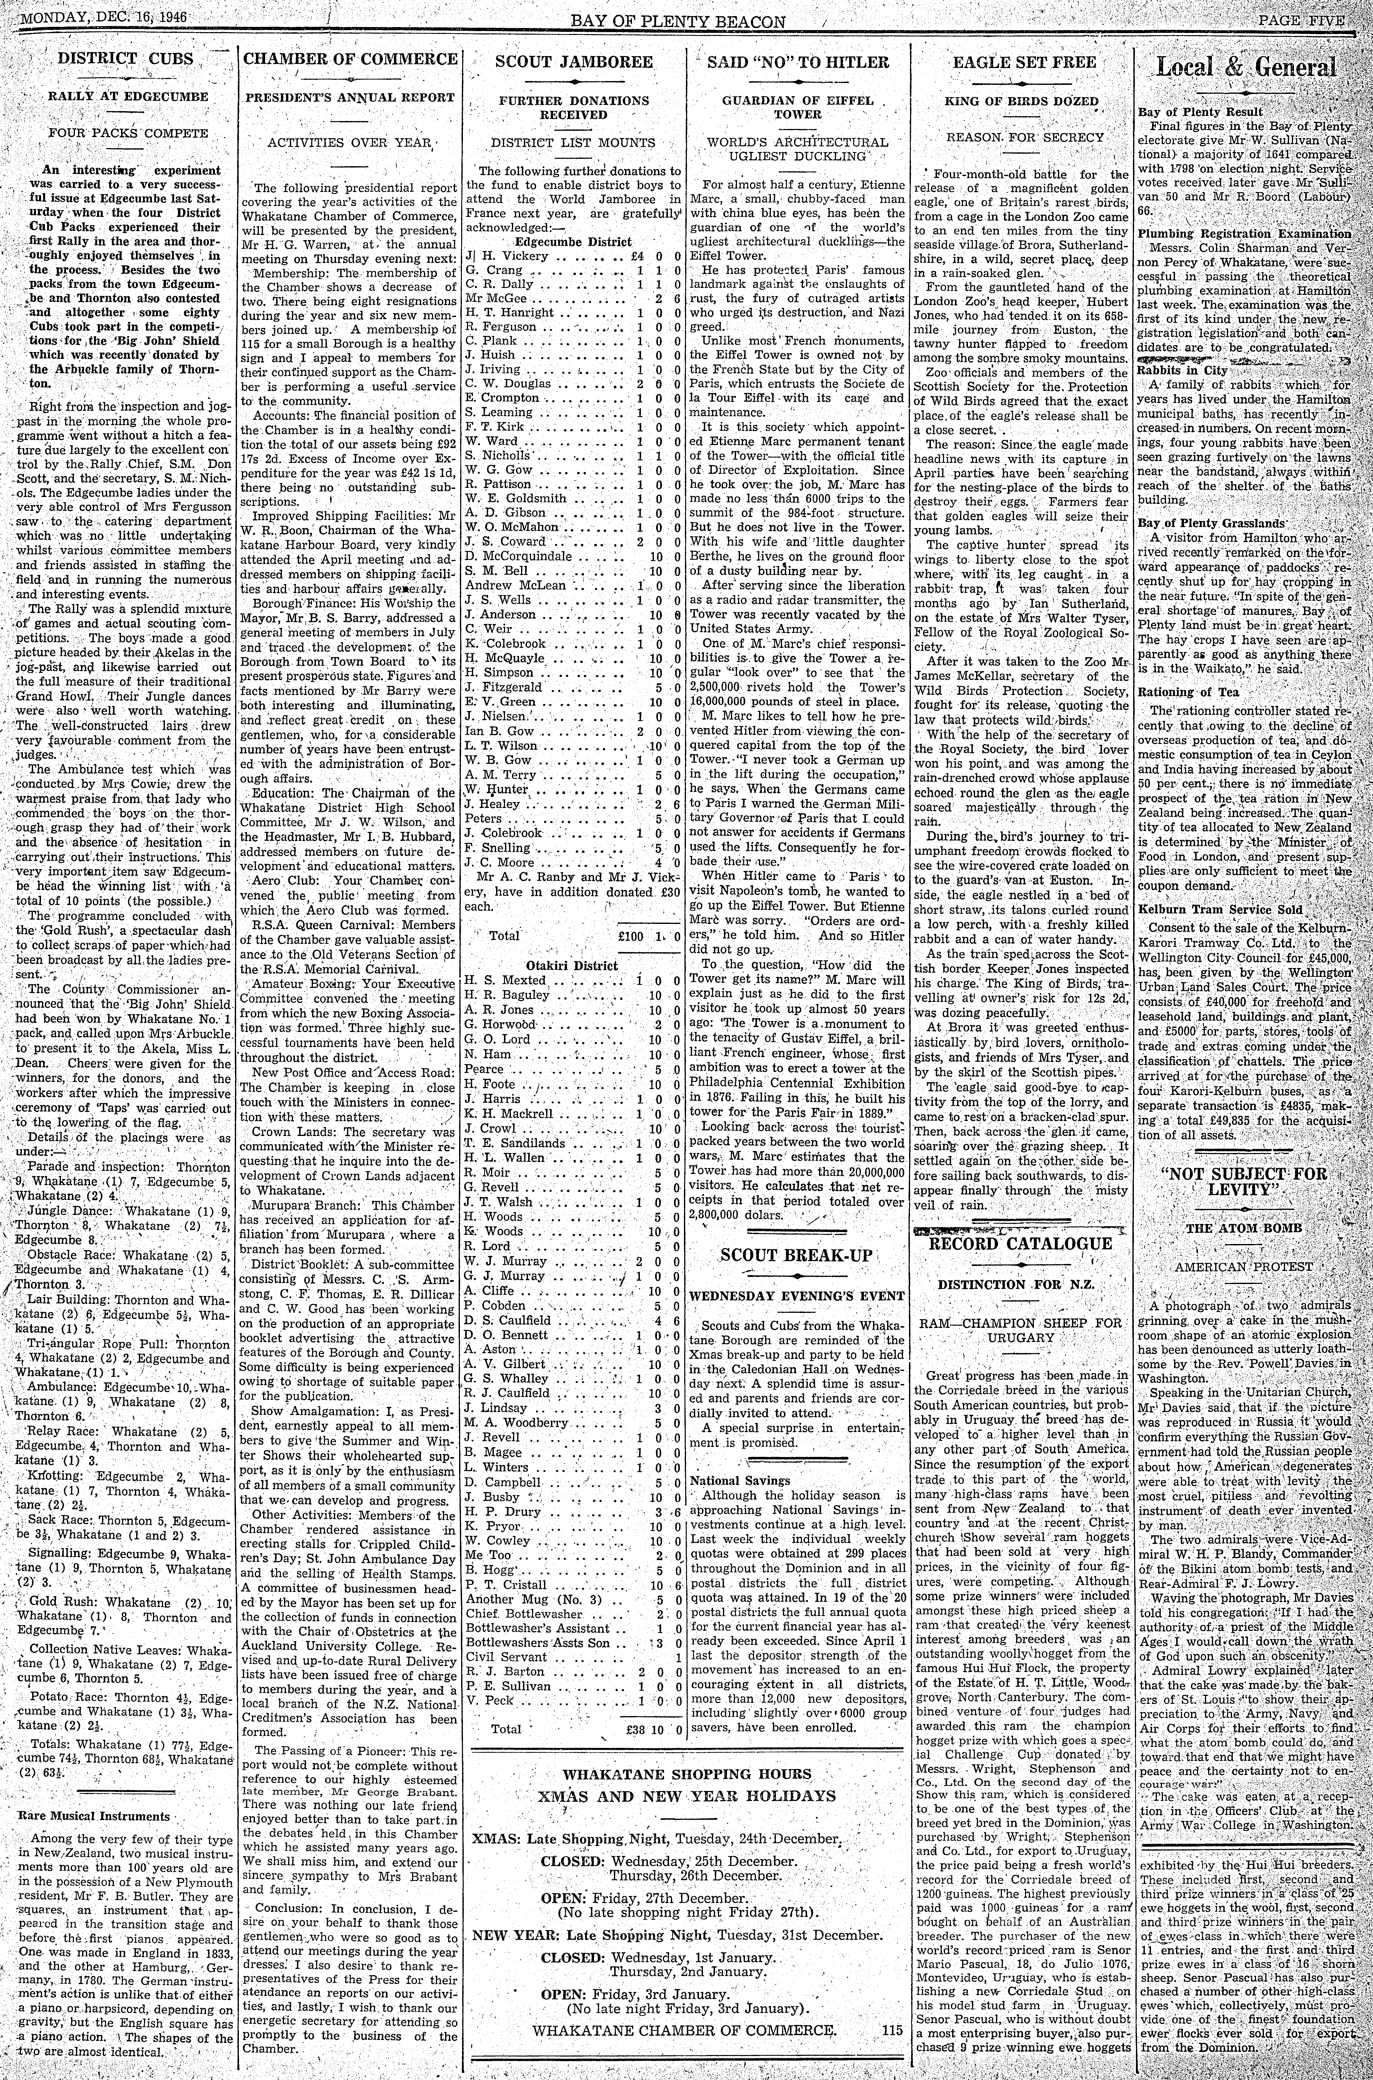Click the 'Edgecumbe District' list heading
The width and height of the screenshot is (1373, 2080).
coord(574,242)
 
